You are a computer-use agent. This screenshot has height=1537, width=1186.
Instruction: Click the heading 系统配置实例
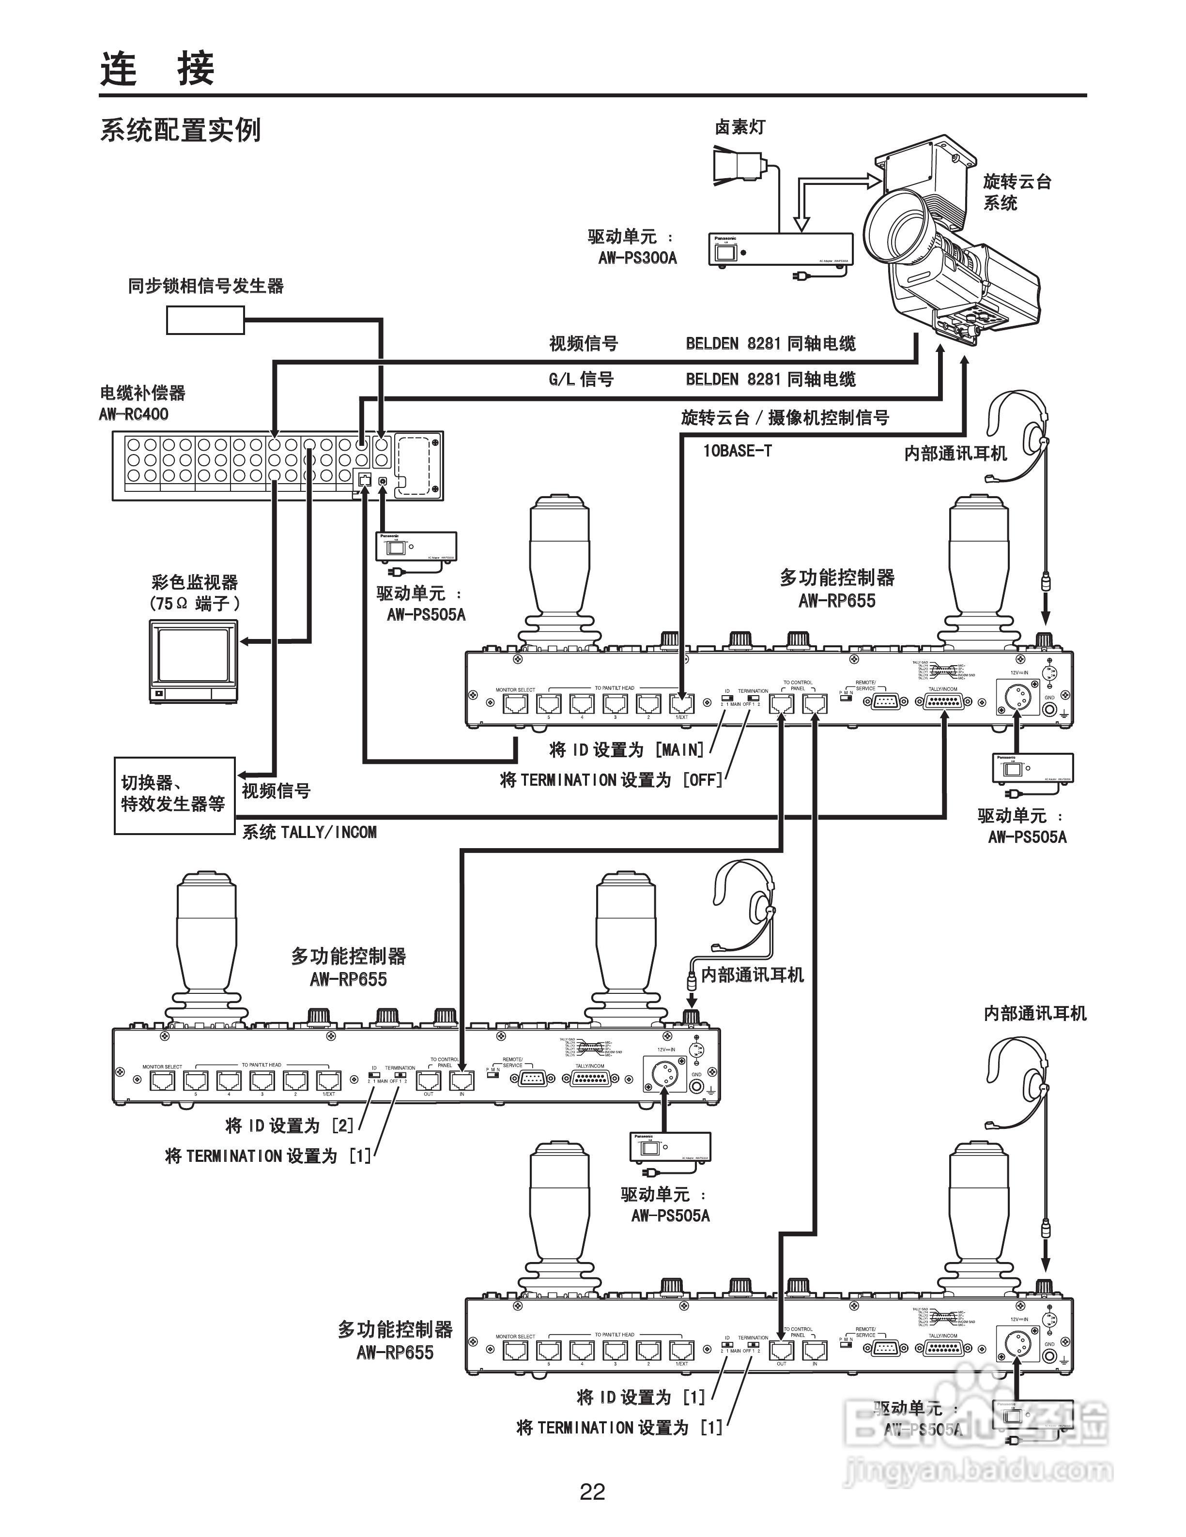[x=180, y=130]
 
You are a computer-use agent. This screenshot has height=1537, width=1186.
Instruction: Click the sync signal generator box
[x=205, y=320]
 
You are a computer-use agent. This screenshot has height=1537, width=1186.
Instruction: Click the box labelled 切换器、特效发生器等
[x=174, y=795]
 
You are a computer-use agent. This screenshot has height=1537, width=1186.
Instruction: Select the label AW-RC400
[x=134, y=414]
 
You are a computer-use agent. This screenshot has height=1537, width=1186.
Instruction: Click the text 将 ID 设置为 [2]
[x=289, y=1126]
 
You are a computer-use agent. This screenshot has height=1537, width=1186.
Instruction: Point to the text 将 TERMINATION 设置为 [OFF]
[x=611, y=780]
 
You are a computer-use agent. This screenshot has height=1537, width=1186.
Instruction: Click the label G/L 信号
[x=582, y=380]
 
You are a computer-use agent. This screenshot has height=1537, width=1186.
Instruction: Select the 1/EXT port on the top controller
[x=681, y=702]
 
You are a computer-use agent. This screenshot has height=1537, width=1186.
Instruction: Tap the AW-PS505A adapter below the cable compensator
[x=416, y=546]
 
